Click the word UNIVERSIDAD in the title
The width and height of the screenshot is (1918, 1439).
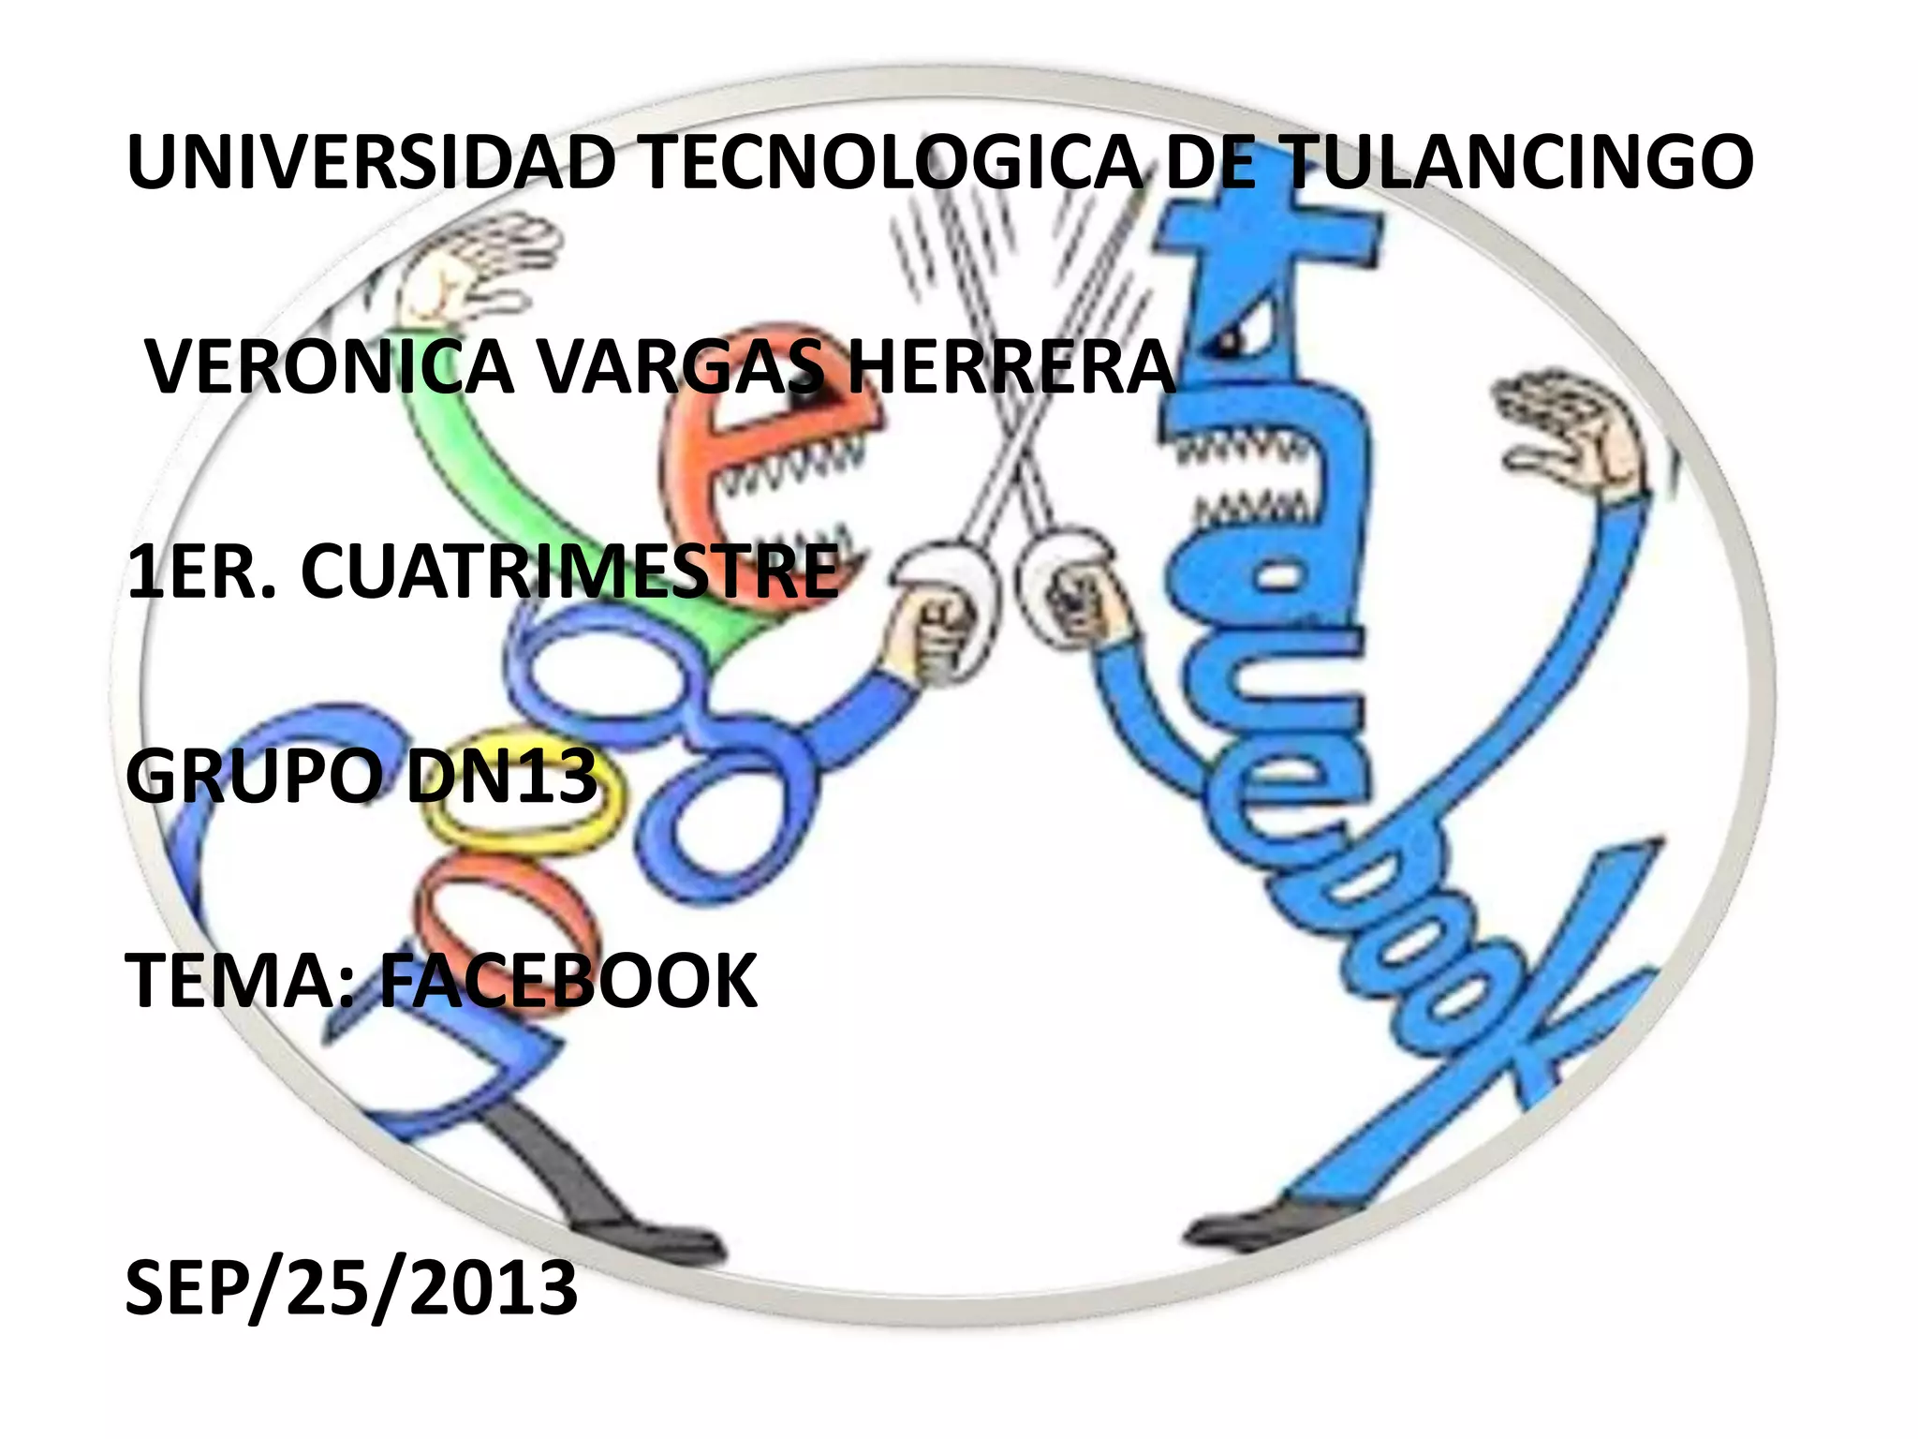[x=370, y=163]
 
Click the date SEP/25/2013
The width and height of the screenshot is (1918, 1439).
[x=351, y=1288]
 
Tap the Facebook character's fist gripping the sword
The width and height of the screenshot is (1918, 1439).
[x=1082, y=600]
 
